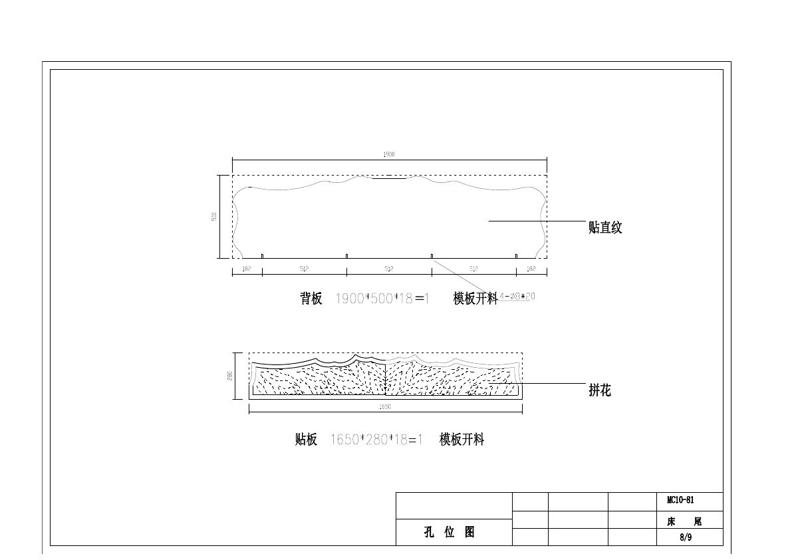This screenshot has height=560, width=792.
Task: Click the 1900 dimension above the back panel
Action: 389,154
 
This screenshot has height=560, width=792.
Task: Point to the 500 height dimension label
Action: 214,217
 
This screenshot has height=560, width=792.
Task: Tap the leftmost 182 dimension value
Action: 247,269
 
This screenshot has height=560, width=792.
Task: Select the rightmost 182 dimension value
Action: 531,269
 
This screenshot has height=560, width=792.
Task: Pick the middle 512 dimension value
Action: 389,269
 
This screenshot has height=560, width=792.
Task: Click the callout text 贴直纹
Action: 605,228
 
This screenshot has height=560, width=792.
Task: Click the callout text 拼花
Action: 599,391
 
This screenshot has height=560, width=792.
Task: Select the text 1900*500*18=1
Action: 382,299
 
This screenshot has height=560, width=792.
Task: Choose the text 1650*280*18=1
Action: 376,440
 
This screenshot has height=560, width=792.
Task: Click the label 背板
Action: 311,299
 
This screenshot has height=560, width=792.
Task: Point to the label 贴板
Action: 306,440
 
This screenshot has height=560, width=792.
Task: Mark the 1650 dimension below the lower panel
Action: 385,406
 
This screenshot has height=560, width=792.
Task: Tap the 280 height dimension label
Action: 230,376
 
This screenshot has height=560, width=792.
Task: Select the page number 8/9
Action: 686,538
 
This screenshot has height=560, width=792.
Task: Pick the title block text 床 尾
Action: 684,522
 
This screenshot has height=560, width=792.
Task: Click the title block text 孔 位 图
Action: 450,532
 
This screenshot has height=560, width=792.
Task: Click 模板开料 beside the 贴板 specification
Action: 462,440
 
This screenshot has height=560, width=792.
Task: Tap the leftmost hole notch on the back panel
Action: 263,256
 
